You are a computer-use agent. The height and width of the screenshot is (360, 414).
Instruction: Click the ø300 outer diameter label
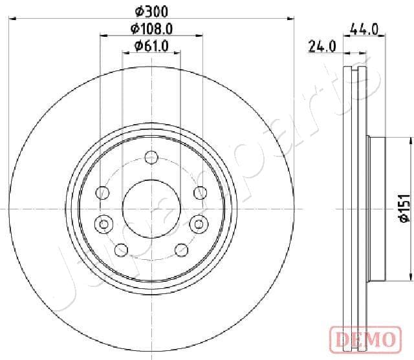[x=151, y=12]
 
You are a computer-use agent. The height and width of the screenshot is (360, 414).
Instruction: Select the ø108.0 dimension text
[x=151, y=28]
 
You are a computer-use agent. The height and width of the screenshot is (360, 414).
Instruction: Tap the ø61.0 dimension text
[x=151, y=46]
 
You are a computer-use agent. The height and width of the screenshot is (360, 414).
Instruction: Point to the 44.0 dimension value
[x=364, y=29]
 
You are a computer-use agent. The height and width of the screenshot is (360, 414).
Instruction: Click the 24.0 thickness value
[x=322, y=47]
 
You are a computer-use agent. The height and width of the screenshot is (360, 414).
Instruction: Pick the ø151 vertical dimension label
[x=404, y=208]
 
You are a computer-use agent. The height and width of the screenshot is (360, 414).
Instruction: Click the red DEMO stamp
[x=365, y=339]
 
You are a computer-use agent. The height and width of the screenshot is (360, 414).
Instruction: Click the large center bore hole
[x=151, y=209]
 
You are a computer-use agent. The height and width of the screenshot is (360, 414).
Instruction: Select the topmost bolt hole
[x=151, y=158]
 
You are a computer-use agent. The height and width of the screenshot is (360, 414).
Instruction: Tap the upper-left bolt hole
[x=102, y=193]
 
